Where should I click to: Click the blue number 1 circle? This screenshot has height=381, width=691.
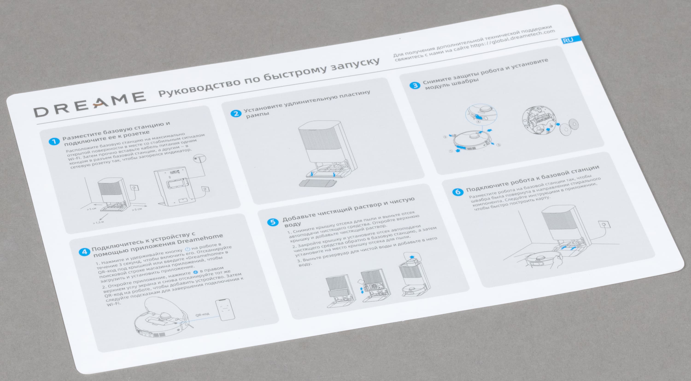coord(54,141)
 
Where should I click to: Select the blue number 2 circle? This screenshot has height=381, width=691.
coord(236,113)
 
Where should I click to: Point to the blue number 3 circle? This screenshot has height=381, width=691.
coord(415,85)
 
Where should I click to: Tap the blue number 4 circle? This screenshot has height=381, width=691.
coord(84,252)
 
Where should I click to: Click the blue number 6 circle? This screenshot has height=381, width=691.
coord(458,192)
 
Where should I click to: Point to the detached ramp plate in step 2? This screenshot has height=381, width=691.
coord(317,184)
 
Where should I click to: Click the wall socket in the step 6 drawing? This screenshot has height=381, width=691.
coord(604,224)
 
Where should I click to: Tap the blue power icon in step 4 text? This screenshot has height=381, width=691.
coord(187,249)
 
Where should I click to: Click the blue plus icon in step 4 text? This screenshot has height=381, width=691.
coord(195,272)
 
